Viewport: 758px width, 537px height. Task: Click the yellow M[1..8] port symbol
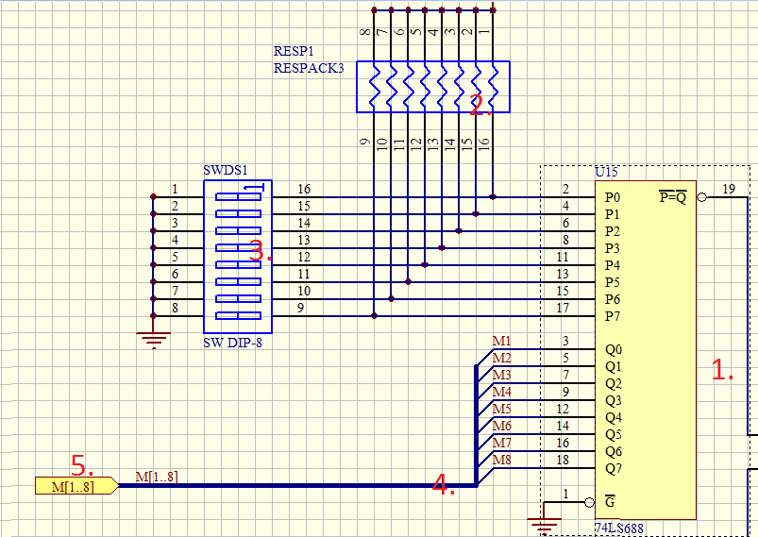tap(76, 486)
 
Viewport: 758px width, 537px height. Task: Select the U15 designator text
tap(606, 173)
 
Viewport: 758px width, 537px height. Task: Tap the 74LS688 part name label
tap(619, 529)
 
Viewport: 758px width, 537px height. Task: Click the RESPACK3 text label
tap(309, 68)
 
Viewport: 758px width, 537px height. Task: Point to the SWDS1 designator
tap(225, 171)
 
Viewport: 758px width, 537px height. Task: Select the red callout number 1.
tap(722, 371)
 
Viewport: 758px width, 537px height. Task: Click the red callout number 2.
tap(480, 105)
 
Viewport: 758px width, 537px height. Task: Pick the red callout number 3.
tap(261, 252)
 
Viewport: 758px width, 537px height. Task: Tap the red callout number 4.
tap(444, 485)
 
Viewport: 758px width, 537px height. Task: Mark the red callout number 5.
tap(82, 465)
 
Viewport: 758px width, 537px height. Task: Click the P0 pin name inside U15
tap(613, 198)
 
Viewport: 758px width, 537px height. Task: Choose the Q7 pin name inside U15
tap(614, 468)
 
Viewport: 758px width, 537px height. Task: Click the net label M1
tap(501, 341)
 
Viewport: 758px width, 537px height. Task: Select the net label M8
tap(501, 460)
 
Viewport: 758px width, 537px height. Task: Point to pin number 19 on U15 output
tap(729, 189)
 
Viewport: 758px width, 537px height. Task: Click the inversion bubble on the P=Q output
tap(702, 198)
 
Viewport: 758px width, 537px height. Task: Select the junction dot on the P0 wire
tap(494, 197)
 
